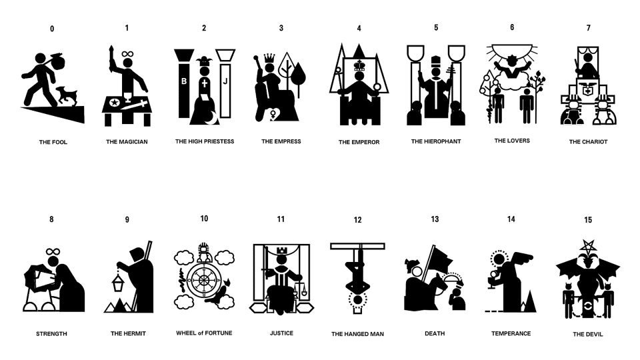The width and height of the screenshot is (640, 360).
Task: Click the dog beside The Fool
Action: pos(66,96)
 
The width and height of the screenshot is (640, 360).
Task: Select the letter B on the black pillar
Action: pos(184,81)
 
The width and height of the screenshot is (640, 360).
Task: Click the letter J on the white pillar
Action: pos(225,81)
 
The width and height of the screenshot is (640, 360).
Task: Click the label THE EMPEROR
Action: pos(359,142)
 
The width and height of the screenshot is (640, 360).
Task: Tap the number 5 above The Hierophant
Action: pos(436,28)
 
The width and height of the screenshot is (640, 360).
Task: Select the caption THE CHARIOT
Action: pos(588,141)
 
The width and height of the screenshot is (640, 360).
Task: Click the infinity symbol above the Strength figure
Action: pos(53,251)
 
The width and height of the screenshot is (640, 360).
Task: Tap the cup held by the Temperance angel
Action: pos(491,283)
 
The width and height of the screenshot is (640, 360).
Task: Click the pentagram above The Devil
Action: pos(588,246)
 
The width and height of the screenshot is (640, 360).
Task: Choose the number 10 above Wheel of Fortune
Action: pos(204,219)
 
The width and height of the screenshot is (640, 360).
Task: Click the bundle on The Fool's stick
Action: pos(58,62)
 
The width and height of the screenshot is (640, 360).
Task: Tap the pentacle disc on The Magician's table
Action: pos(115,102)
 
